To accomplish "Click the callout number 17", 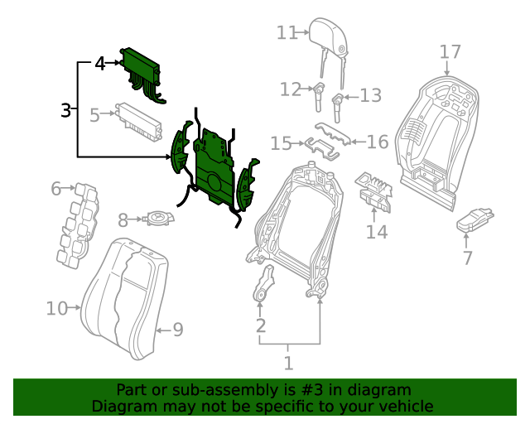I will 450,52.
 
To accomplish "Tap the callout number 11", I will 287,32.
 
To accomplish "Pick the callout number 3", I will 67,109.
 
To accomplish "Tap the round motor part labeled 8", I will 157,219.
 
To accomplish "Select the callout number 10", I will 56,309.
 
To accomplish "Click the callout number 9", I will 177,330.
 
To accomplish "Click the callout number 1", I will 288,362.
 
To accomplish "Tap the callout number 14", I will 377,231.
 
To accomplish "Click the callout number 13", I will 370,95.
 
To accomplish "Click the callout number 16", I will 378,142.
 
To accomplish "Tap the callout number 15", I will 281,144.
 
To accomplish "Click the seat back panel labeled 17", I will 426,132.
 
